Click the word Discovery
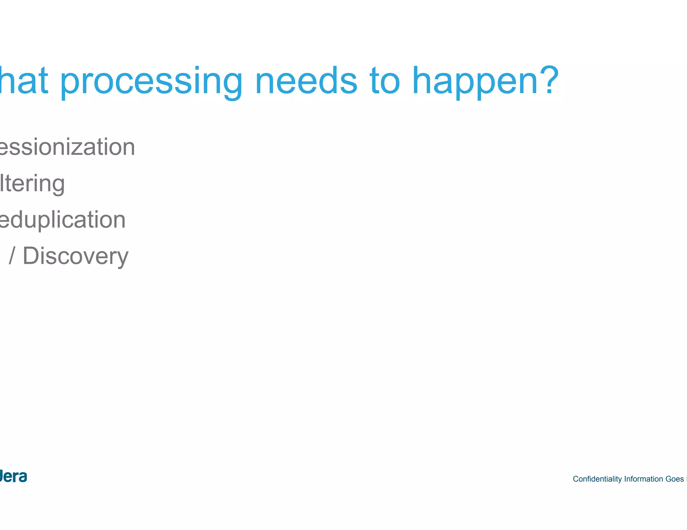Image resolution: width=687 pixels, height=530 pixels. tap(75, 256)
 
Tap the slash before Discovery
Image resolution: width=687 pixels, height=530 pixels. tap(12, 256)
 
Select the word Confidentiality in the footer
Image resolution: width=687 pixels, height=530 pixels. tap(597, 479)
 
